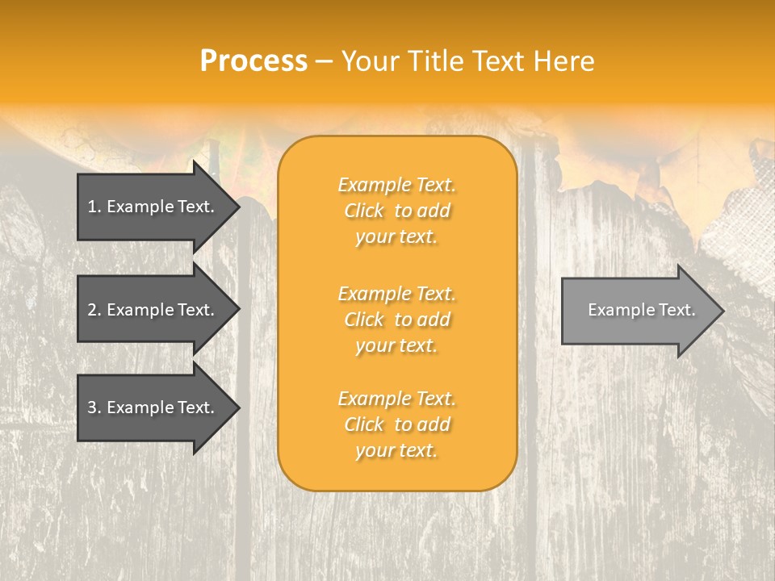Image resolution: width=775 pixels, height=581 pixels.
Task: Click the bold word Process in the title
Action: (x=253, y=61)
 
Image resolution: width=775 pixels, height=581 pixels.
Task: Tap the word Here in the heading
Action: (x=563, y=61)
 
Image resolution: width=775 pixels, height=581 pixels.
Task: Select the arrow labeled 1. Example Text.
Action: (x=153, y=207)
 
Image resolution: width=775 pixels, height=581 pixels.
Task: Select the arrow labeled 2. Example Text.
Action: (x=153, y=310)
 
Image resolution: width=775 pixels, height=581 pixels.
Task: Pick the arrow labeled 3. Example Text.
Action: (x=153, y=408)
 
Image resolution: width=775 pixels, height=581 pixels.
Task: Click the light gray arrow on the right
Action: (x=638, y=311)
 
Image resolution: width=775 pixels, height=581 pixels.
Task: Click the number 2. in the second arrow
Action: (x=94, y=310)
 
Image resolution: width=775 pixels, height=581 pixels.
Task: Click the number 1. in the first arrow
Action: (x=94, y=207)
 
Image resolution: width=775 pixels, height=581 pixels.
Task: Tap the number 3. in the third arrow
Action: (x=94, y=408)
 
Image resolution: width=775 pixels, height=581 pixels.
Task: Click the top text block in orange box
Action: (x=396, y=211)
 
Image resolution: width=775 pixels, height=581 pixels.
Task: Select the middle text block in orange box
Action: (x=396, y=320)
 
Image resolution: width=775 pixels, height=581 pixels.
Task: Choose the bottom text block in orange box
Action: (x=396, y=424)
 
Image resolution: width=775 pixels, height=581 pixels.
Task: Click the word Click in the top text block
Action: (x=364, y=211)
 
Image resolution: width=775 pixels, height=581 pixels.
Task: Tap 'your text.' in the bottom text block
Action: (x=396, y=451)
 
